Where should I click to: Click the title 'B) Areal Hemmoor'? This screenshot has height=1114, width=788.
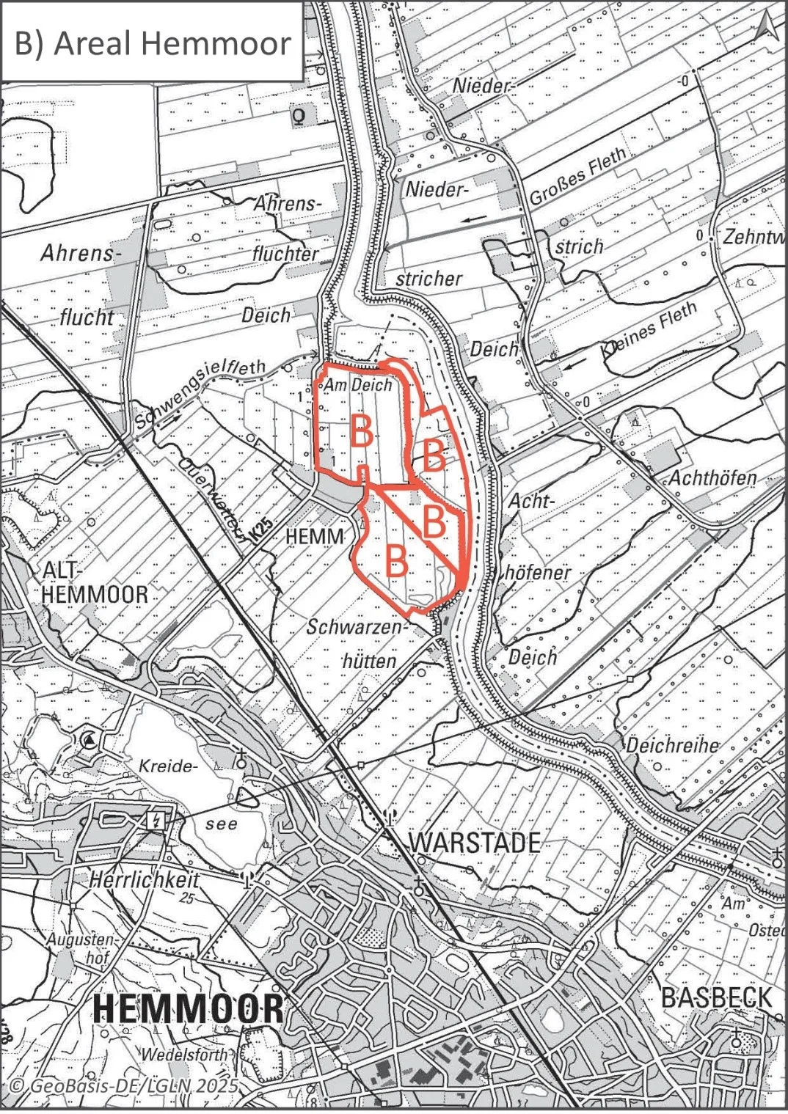point(153,43)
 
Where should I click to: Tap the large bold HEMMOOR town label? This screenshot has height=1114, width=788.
point(189,1009)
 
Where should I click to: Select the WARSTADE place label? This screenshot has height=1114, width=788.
point(474,843)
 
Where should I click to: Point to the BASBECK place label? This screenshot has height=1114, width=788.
point(717,998)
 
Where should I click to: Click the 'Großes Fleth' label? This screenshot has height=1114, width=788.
point(578,175)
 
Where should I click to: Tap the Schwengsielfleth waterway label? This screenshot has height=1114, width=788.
point(200,394)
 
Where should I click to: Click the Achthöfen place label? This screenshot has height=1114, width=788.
point(712,479)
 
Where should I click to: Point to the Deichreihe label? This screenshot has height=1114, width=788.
point(671,745)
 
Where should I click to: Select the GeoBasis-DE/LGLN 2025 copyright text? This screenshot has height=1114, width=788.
point(124,1085)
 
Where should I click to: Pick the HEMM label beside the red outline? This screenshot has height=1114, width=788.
point(314,536)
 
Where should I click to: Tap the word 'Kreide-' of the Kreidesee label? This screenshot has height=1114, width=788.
point(168,766)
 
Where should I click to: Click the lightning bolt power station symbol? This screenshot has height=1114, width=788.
point(156,820)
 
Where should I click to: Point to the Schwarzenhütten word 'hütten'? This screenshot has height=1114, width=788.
point(370,661)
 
